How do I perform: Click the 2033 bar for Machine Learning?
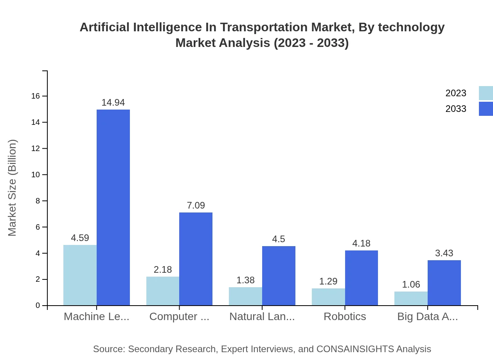113,207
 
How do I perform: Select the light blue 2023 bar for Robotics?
328,297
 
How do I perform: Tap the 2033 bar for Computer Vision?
196,259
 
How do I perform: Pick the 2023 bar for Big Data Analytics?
411,299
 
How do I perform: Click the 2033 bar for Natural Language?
279,276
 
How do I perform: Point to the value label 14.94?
113,103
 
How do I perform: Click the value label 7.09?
196,205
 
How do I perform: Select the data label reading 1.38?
245,280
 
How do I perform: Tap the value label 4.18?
361,243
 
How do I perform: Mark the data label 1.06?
411,284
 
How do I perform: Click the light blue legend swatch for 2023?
486,93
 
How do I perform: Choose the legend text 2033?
455,109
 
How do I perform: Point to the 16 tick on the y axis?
36,96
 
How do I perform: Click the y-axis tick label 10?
36,175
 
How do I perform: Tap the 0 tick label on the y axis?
38,306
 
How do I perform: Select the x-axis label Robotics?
345,317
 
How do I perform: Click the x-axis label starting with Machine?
96,317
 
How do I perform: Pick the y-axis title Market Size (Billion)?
13,188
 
